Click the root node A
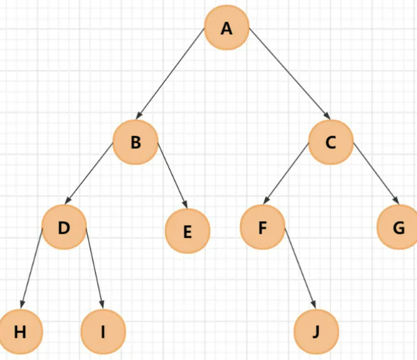coord(227,28)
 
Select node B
coord(135,142)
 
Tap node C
coord(331,142)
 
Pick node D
coord(64,228)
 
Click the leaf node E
coord(187,231)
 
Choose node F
coord(262,228)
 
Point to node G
coord(399,228)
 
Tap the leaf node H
coord(20,331)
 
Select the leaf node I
coord(102,331)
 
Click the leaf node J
coord(316,331)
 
